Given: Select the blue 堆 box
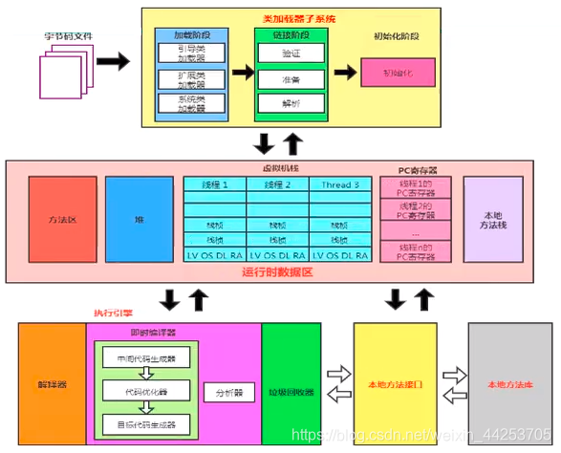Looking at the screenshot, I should click(x=139, y=219).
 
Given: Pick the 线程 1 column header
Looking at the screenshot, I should click(x=215, y=184).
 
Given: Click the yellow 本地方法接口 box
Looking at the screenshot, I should click(x=395, y=385).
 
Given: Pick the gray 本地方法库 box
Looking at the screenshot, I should click(x=509, y=385).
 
